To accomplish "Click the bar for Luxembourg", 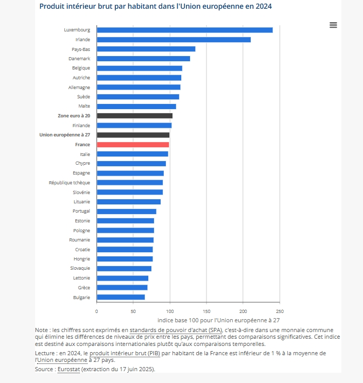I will tap(184, 30).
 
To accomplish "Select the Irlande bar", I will tap(174, 40).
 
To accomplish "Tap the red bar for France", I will tap(133, 145).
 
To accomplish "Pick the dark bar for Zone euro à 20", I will tap(134, 116).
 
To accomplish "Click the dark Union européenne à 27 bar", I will tap(133, 135).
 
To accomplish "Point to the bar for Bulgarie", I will tap(120, 297).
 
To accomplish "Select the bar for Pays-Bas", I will tap(146, 49).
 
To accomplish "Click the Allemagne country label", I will tap(79, 88).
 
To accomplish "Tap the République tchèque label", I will tap(70, 183).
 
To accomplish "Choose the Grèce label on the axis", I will tap(84, 288).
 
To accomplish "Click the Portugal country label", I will tap(81, 211).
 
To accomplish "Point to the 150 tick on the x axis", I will tap(206, 311).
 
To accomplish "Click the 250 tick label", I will tap(280, 311).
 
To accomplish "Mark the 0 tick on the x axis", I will tap(97, 311).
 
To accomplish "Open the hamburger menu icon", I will tap(333, 25).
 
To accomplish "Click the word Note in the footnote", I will tap(41, 330).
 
